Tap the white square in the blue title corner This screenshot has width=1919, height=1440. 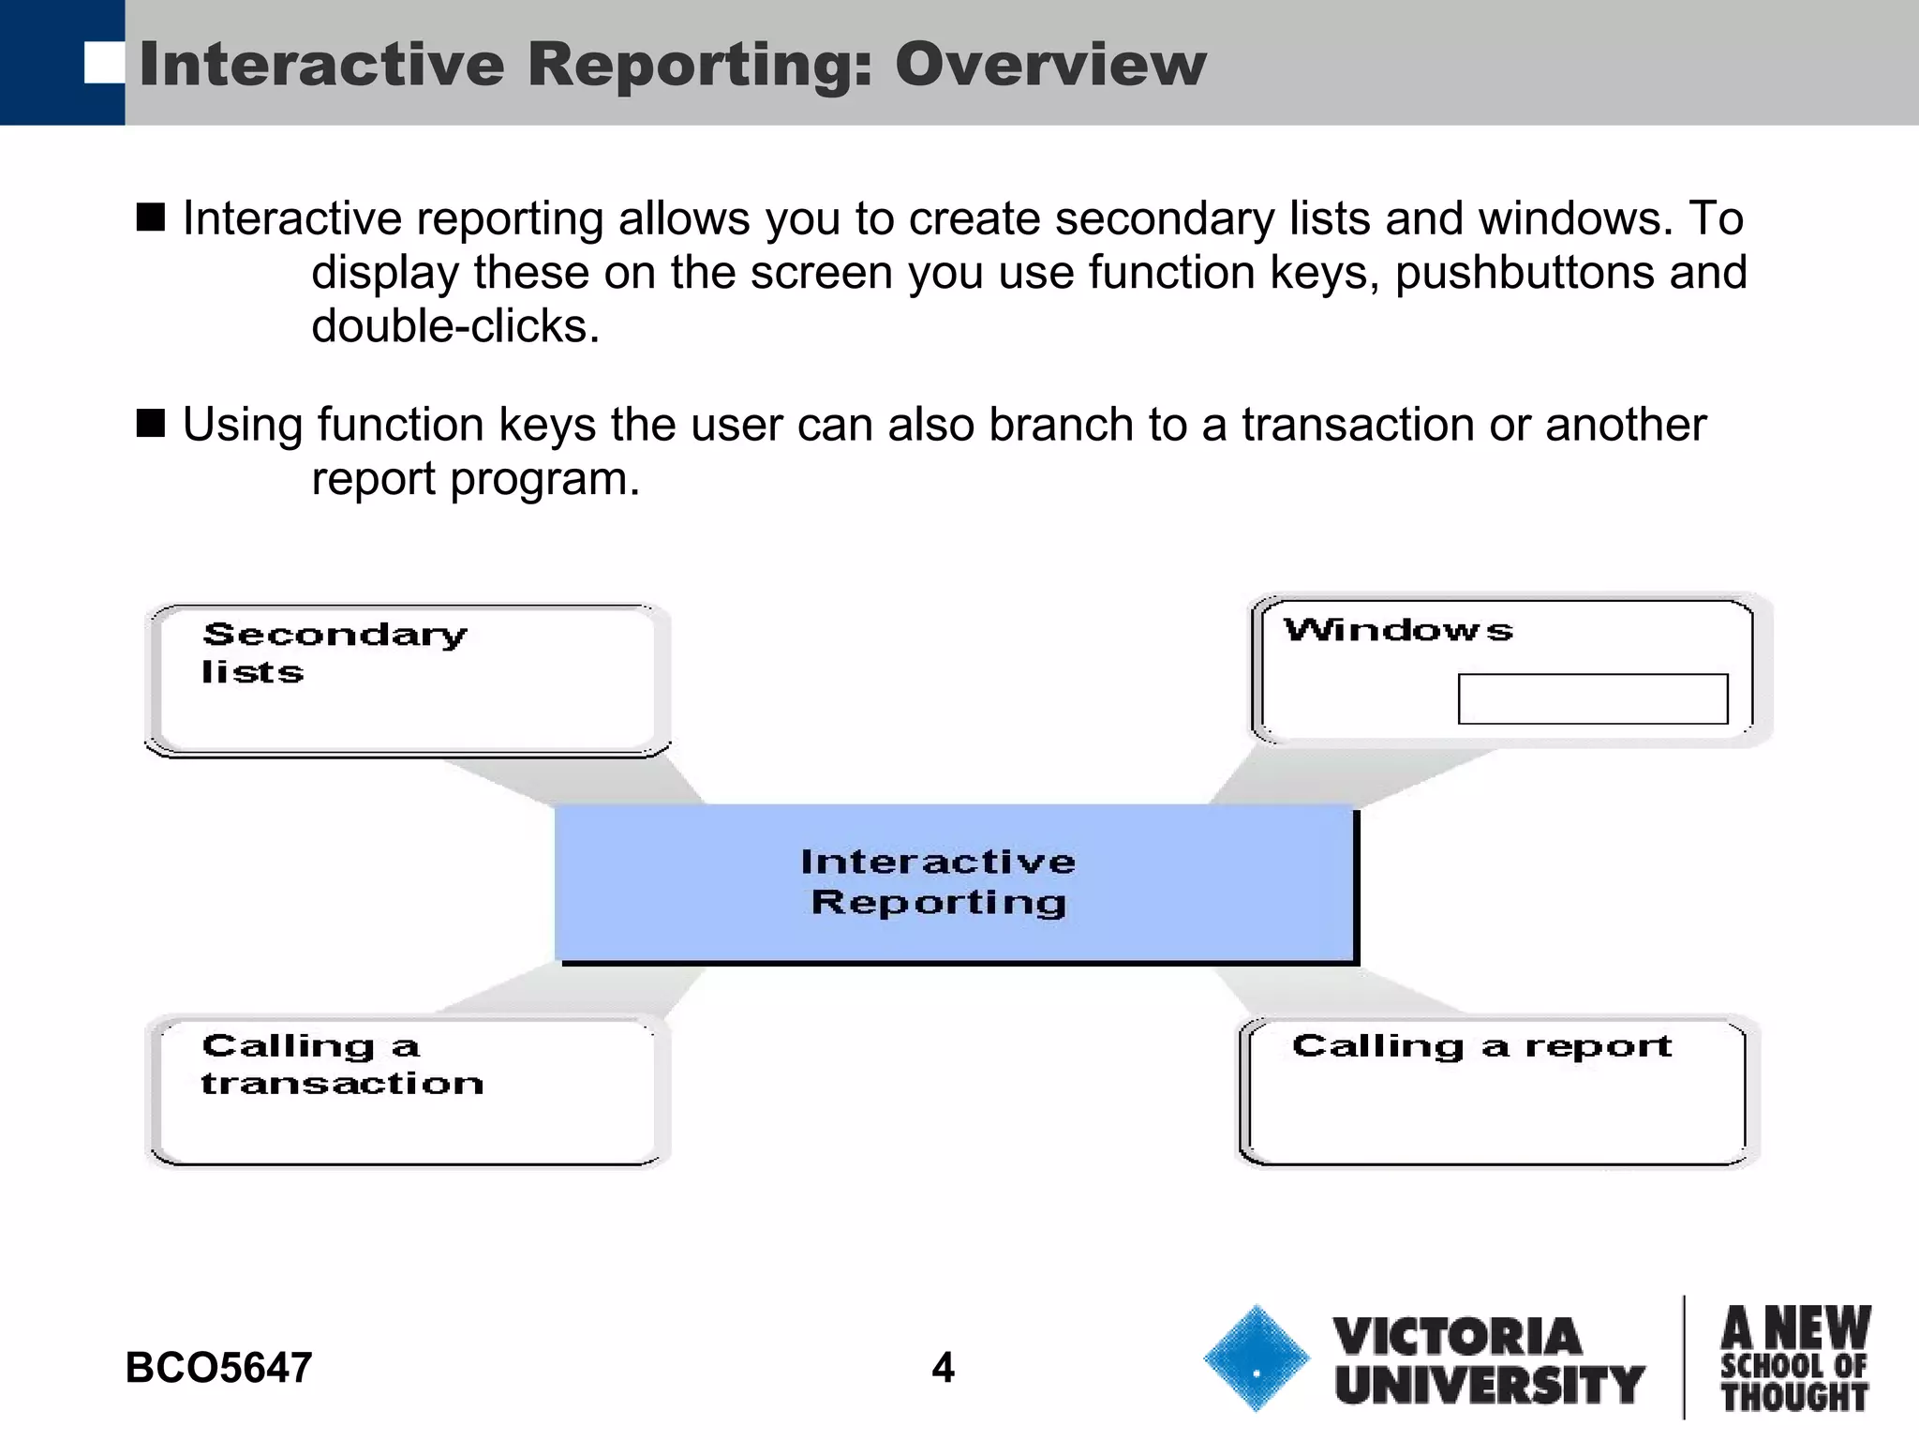[104, 63]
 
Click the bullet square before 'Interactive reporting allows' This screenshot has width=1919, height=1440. [150, 217]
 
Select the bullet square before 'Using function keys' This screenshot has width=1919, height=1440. [150, 424]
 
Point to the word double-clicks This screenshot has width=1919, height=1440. [454, 327]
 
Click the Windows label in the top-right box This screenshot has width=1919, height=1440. [1398, 630]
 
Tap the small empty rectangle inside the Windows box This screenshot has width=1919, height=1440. [1592, 698]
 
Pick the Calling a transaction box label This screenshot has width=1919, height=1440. [342, 1064]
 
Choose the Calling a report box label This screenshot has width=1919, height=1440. [1480, 1045]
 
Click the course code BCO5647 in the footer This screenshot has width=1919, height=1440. [218, 1368]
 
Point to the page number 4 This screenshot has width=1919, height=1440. [943, 1368]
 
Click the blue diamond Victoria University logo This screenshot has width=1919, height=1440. [1256, 1358]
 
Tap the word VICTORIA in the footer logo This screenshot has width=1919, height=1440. [1457, 1337]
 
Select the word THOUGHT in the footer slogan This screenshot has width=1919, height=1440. [1794, 1397]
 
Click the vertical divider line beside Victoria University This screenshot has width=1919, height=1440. [1684, 1357]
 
